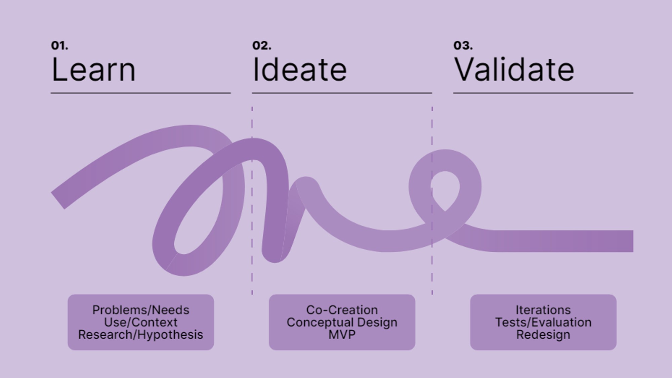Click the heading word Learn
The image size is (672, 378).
click(93, 70)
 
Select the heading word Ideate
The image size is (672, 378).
click(299, 70)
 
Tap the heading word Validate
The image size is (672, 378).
click(514, 70)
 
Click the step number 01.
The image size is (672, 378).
click(59, 45)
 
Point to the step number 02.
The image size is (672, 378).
click(262, 45)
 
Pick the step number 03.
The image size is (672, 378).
click(463, 45)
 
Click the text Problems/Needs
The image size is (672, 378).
click(141, 310)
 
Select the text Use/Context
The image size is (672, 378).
click(141, 322)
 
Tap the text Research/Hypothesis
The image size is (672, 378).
click(141, 335)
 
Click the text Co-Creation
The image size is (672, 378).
click(342, 310)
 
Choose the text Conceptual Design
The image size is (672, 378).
click(342, 322)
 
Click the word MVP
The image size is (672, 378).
click(342, 335)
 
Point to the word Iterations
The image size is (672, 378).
click(543, 310)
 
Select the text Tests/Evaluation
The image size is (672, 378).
click(543, 322)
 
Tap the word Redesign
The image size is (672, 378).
click(543, 335)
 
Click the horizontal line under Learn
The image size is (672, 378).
click(141, 93)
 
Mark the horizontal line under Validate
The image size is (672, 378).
click(543, 93)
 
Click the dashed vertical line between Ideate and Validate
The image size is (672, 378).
click(432, 201)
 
